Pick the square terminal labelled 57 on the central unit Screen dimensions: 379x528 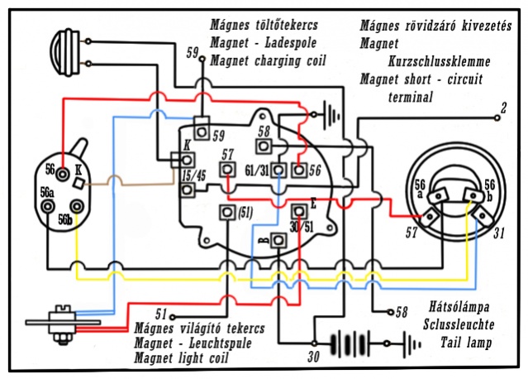(226, 170)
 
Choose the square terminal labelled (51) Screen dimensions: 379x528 (225, 213)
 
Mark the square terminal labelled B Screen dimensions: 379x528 (278, 241)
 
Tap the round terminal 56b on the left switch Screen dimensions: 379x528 (78, 207)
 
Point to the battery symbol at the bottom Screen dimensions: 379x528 (359, 341)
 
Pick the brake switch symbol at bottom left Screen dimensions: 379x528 (58, 319)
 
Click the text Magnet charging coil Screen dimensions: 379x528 (268, 60)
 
